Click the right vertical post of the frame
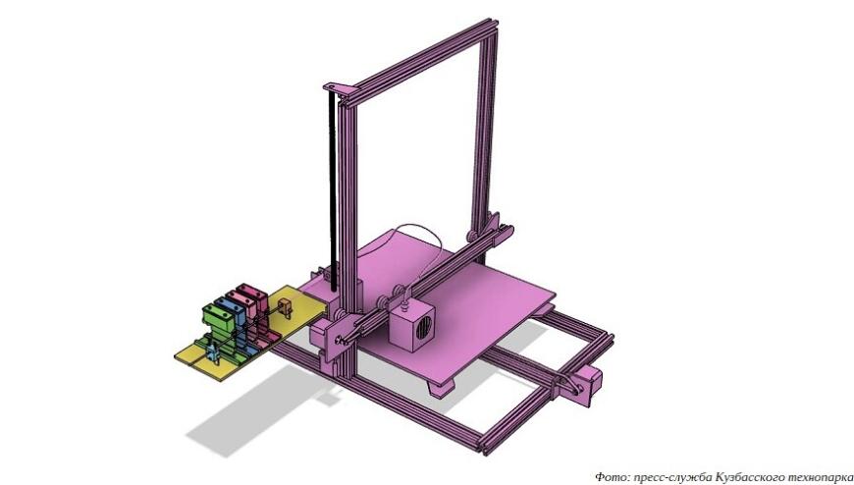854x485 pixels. (484, 128)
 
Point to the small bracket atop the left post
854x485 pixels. (337, 87)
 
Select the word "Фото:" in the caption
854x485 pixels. (612, 475)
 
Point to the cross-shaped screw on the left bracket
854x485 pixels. (340, 339)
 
